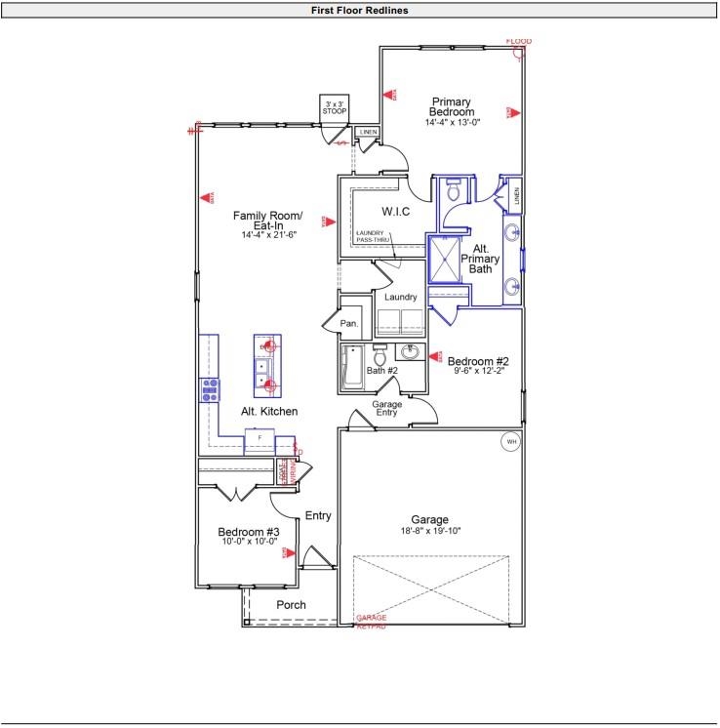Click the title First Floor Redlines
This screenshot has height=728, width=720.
click(360, 10)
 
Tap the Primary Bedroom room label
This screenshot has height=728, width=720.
click(452, 107)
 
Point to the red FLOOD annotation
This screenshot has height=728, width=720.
click(519, 41)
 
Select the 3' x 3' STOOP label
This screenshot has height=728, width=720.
click(335, 106)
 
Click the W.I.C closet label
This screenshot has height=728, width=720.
click(395, 211)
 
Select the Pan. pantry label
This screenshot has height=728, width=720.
click(348, 323)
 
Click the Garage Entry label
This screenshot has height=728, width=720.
click(387, 408)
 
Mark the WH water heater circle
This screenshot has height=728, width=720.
click(509, 442)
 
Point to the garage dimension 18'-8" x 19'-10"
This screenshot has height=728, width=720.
click(429, 531)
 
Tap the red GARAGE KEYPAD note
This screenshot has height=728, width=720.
click(371, 622)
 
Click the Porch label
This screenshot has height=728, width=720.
click(291, 605)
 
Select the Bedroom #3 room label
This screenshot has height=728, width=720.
click(248, 532)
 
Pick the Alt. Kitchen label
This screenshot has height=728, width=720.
click(269, 412)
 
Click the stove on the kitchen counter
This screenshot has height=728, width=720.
click(209, 391)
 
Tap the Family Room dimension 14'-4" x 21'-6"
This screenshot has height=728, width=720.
click(269, 235)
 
